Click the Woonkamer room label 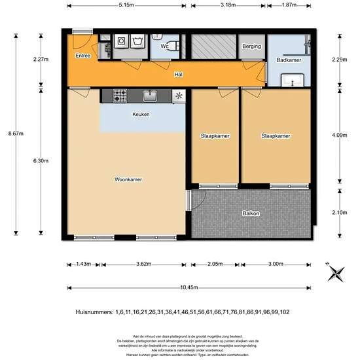click(x=128, y=179)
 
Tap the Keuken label click(x=141, y=115)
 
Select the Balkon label click(x=251, y=213)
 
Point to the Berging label click(x=251, y=46)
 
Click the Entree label click(x=83, y=56)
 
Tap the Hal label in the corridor click(x=178, y=75)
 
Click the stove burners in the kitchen click(x=120, y=96)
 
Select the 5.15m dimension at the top click(x=126, y=5)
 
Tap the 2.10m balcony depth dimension click(x=340, y=212)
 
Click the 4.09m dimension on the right click(x=340, y=135)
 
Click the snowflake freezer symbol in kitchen click(x=178, y=96)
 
